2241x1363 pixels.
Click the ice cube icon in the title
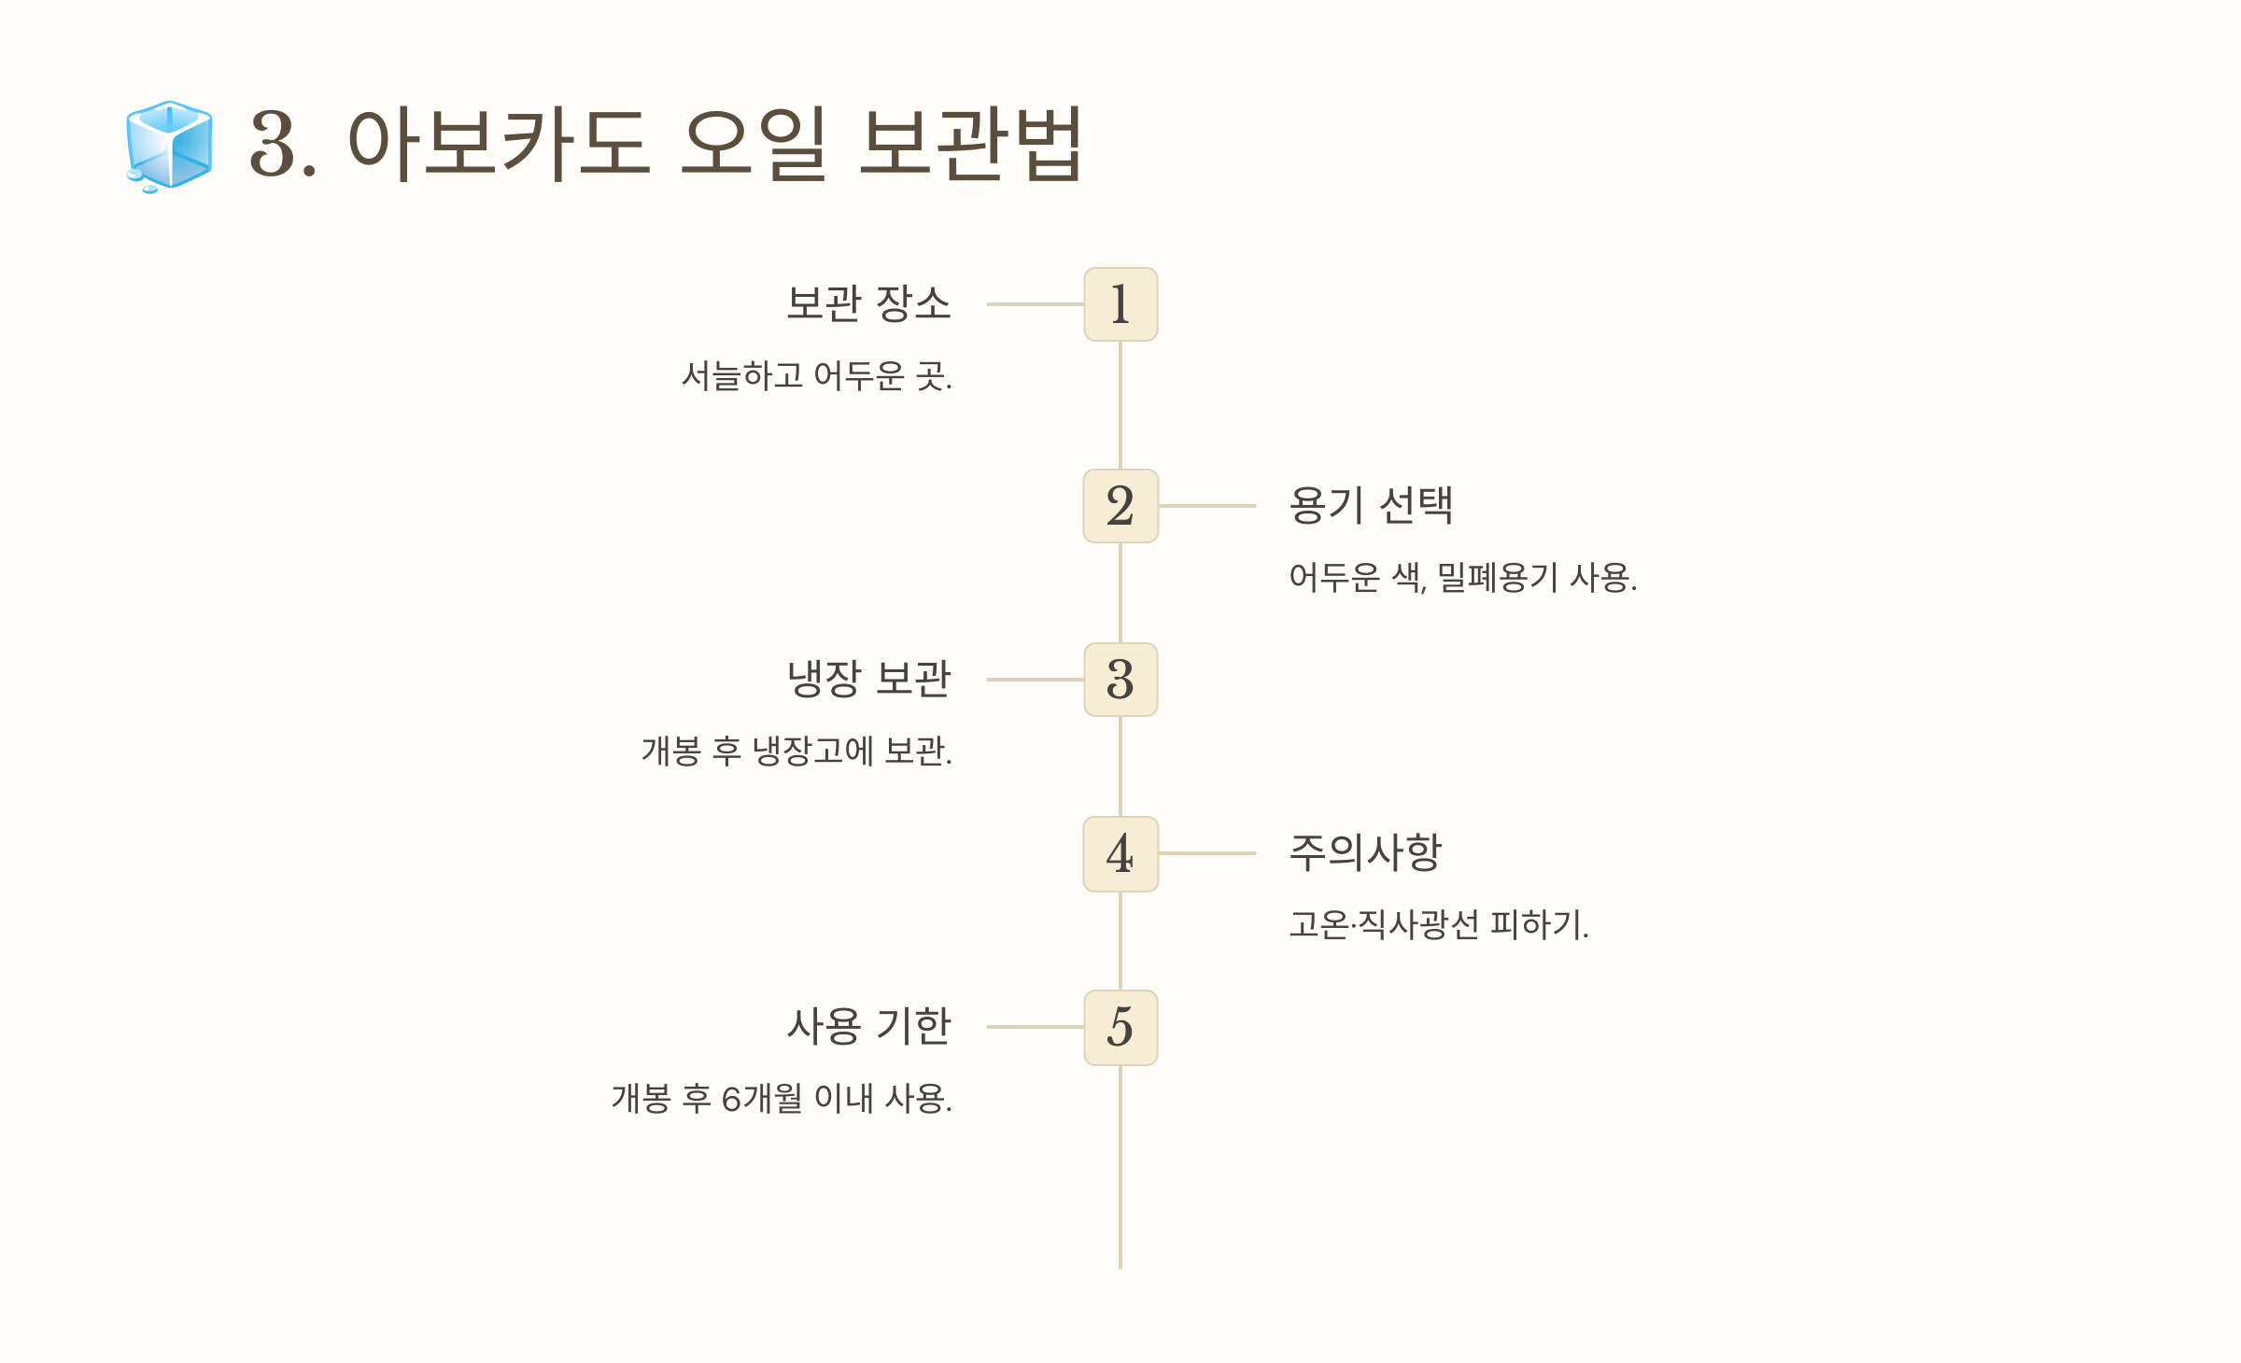click(x=169, y=145)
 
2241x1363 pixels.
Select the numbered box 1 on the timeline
click(x=1120, y=304)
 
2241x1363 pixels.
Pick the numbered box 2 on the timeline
click(x=1120, y=506)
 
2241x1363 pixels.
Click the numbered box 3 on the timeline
click(x=1120, y=680)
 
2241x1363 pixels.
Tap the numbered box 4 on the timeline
click(x=1120, y=853)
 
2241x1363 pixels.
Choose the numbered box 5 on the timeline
click(x=1120, y=1027)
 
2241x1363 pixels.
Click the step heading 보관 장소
click(x=868, y=303)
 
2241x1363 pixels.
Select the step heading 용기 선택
click(x=1371, y=505)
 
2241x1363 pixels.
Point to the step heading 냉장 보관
click(x=868, y=679)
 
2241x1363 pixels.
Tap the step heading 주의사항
click(x=1365, y=852)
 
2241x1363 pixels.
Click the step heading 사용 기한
click(x=868, y=1026)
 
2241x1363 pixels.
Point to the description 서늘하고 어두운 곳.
click(x=817, y=376)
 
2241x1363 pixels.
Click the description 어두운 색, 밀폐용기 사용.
click(x=1462, y=578)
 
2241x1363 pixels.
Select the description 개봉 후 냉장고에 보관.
click(x=796, y=752)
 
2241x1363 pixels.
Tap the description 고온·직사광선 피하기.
click(x=1438, y=925)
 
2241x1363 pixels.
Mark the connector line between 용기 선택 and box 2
click(x=1206, y=506)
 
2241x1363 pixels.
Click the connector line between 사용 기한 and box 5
click(x=1035, y=1027)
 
